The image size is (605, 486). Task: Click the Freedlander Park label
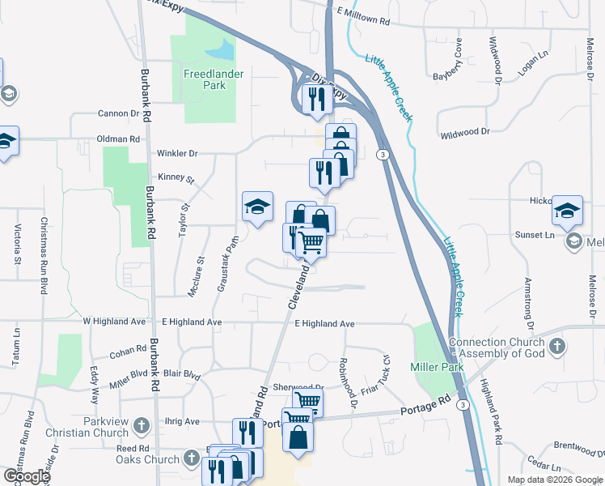[203, 79]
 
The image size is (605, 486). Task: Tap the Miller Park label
[441, 367]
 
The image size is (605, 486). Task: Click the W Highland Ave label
[113, 322]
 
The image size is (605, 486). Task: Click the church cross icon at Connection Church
[556, 347]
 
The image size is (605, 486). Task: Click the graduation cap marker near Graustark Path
[256, 207]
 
